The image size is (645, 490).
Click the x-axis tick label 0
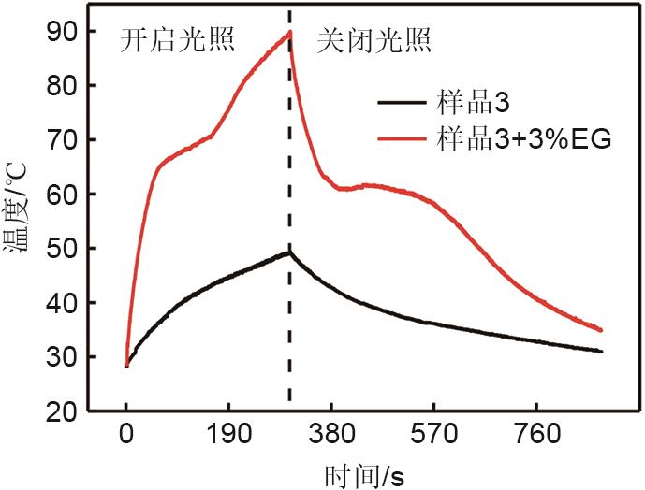[x=126, y=436]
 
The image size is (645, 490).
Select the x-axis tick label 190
[x=228, y=436]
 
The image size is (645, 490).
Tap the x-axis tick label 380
[x=331, y=436]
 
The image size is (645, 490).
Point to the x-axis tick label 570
[x=433, y=436]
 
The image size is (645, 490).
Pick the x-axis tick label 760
[x=536, y=436]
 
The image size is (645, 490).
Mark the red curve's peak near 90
[x=289, y=32]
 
